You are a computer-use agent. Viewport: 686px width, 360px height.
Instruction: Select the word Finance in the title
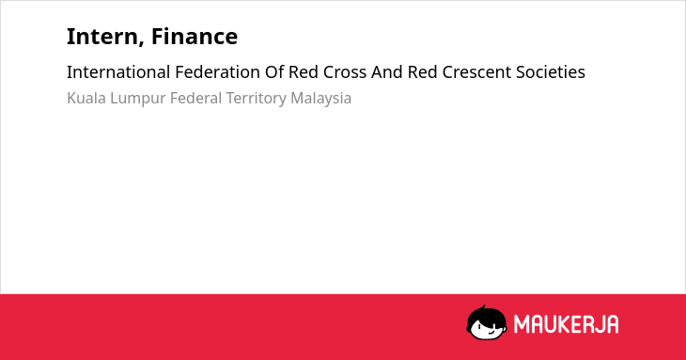(195, 36)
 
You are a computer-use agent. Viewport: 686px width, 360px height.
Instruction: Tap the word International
(118, 72)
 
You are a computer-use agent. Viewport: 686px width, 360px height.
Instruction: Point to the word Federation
(217, 72)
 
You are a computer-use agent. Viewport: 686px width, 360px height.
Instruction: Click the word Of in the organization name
(274, 72)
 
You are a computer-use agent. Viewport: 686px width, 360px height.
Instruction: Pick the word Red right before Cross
(304, 72)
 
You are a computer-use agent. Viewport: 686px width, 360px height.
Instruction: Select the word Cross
(345, 72)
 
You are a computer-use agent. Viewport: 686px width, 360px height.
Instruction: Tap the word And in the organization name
(387, 72)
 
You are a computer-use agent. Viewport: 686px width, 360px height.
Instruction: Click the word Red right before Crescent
(422, 72)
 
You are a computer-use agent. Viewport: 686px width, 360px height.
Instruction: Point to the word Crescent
(476, 72)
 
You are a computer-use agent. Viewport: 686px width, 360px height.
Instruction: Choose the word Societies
(551, 72)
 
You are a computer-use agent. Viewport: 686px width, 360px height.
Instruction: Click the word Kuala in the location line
(86, 98)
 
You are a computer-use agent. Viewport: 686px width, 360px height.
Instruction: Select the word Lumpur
(138, 99)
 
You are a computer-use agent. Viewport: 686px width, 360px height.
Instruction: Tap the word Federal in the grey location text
(195, 98)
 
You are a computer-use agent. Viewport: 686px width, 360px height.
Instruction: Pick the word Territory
(256, 99)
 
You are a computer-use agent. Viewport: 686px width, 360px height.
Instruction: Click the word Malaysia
(321, 99)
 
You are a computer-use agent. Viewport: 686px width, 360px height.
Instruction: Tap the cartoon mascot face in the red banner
(487, 323)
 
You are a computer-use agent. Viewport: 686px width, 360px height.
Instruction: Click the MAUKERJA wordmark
(566, 324)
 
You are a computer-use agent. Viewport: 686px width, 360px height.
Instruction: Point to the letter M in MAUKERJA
(522, 324)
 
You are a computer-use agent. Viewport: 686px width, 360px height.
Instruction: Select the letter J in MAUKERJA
(598, 324)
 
